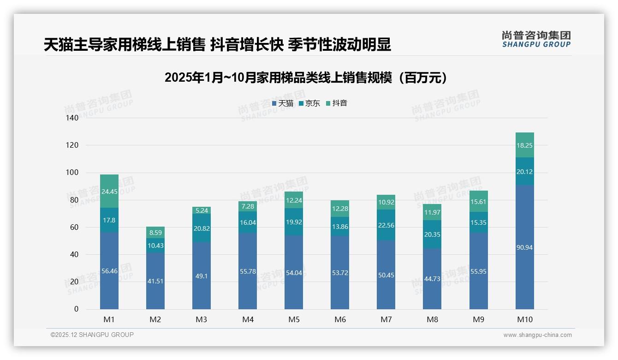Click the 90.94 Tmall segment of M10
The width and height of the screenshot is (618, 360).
[x=524, y=247]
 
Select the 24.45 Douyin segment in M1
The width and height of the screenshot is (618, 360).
[x=109, y=192]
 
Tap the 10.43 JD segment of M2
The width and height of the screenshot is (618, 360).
[x=155, y=246]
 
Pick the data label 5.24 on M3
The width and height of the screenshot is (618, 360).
[x=202, y=210]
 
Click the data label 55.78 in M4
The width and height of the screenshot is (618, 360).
[x=248, y=271]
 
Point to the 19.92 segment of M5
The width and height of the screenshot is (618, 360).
[x=294, y=222]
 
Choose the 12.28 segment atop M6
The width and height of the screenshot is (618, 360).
[x=340, y=209]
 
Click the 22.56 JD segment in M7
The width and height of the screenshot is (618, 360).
[x=386, y=225]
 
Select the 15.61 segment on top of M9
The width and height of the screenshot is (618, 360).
[x=478, y=202]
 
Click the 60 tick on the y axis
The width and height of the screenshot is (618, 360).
[x=74, y=227]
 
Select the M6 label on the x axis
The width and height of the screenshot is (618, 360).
[x=340, y=319]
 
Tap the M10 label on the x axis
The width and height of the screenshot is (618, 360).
[x=524, y=319]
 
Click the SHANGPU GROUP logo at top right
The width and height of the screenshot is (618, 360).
[x=536, y=39]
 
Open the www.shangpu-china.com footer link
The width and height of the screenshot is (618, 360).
[x=537, y=335]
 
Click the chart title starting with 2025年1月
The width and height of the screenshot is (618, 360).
[x=306, y=78]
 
